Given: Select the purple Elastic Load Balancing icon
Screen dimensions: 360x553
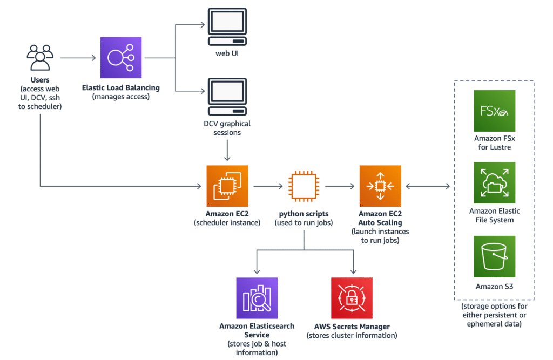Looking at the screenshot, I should click(121, 58).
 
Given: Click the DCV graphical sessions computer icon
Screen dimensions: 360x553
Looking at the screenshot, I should click(227, 97).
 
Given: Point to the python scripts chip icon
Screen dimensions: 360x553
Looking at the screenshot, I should click(303, 186).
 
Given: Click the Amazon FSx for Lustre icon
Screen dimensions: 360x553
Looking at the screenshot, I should click(494, 111).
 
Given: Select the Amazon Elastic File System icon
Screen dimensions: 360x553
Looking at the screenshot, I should click(494, 182).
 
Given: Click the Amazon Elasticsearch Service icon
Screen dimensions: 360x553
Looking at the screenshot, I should click(257, 298).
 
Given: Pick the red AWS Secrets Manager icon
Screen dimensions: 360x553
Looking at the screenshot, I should click(352, 298).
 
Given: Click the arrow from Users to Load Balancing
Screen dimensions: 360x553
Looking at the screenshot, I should click(78, 58).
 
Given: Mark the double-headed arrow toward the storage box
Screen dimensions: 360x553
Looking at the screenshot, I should click(427, 186).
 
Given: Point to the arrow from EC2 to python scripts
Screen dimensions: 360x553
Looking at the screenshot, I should click(267, 186).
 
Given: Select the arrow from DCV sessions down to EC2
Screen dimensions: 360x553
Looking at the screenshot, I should click(227, 148).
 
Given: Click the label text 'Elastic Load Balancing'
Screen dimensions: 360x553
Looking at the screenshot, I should click(121, 87).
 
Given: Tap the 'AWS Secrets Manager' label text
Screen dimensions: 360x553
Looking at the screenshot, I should click(352, 327).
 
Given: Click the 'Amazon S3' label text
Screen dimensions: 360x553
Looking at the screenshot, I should click(494, 287).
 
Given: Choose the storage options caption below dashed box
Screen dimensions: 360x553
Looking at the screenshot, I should click(494, 315).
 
